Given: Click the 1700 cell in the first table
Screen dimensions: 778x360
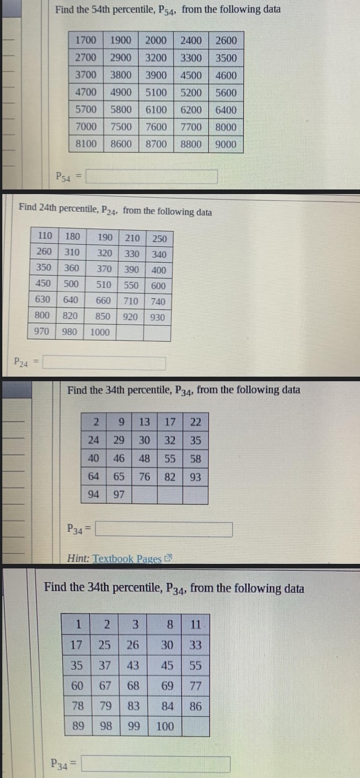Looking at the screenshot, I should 86,40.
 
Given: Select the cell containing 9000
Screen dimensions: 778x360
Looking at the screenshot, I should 226,144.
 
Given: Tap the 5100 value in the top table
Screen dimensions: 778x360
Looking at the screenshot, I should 156,92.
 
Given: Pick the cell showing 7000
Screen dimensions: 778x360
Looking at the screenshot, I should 86,127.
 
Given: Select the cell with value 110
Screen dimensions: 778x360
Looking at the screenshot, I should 44,235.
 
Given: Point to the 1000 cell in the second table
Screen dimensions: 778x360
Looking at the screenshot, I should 100,332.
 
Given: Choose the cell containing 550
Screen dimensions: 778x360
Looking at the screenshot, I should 131,284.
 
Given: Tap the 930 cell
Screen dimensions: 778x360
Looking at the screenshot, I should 157,317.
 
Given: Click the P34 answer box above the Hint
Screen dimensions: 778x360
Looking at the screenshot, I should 164,529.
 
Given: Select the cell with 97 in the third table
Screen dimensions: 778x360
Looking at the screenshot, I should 119,495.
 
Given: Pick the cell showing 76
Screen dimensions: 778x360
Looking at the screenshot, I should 145,477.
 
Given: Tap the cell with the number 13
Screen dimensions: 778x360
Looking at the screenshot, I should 145,422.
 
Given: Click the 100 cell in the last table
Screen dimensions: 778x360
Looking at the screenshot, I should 165,726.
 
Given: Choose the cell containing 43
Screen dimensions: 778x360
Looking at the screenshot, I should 133,666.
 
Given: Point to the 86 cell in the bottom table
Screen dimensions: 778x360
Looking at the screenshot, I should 195,706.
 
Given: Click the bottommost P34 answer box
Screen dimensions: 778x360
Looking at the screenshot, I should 157,764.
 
